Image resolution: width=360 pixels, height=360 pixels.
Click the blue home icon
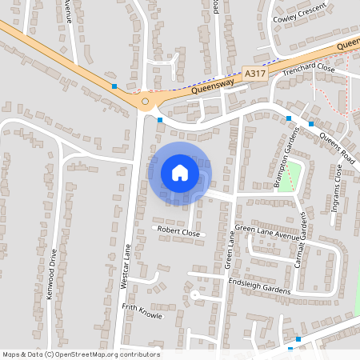(x=179, y=172)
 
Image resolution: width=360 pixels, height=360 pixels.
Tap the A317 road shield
(x=255, y=73)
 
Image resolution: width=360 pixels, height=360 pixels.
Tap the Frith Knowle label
(x=142, y=311)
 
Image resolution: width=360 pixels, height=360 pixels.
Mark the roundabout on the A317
(x=145, y=102)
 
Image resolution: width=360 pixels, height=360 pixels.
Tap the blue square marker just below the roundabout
(x=160, y=120)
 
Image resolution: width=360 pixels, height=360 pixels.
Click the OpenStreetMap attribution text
(x=80, y=354)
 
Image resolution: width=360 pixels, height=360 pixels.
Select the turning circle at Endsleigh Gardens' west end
(x=194, y=294)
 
